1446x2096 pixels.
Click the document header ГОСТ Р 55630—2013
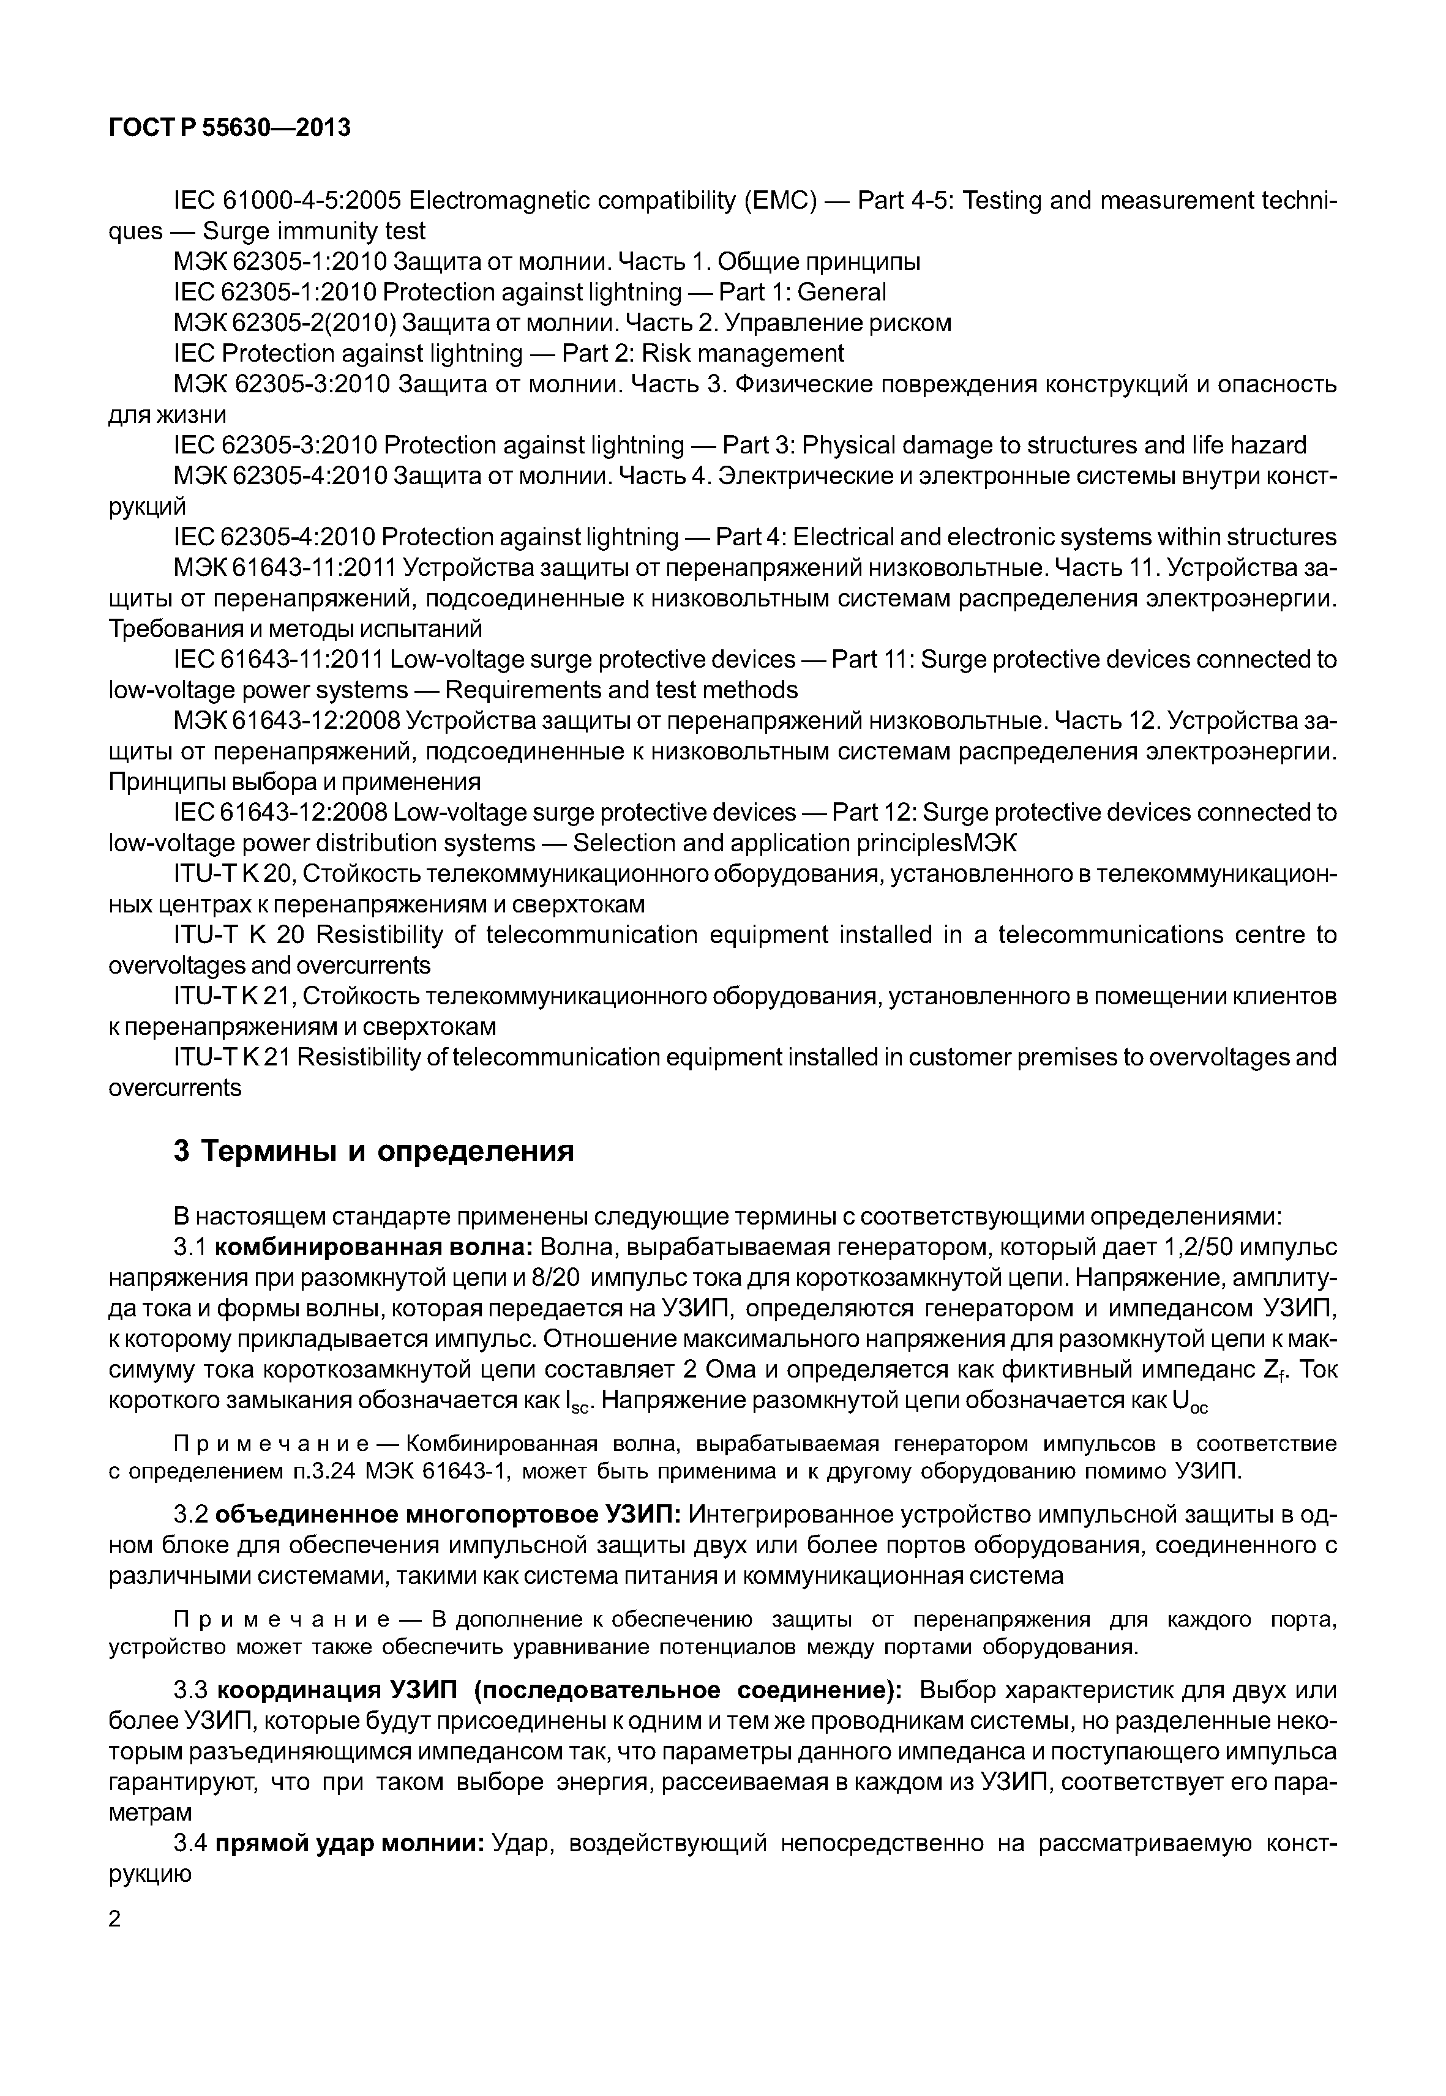click(229, 129)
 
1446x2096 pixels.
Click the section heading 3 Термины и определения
click(374, 1151)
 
